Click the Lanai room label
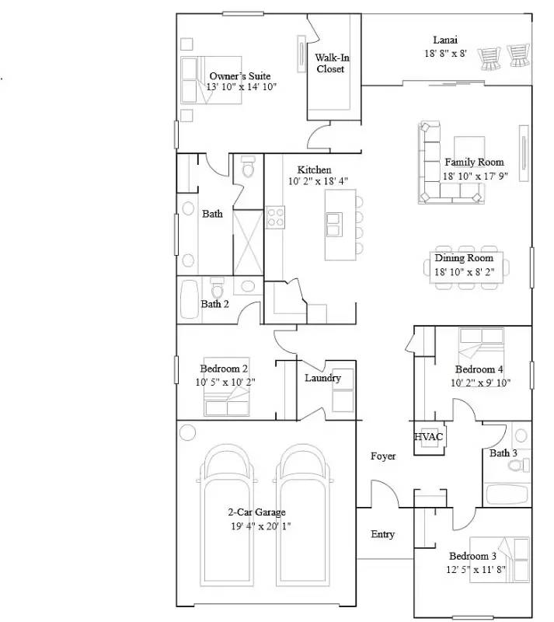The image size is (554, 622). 445,40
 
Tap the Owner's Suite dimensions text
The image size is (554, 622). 241,87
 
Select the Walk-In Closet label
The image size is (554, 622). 332,63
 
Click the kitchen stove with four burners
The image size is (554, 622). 275,217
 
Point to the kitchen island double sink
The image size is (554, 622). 334,225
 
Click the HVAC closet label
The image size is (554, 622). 428,437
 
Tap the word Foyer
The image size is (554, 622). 383,456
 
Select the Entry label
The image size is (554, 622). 382,534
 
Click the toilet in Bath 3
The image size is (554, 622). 519,464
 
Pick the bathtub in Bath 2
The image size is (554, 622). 190,299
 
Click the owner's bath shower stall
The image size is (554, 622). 248,243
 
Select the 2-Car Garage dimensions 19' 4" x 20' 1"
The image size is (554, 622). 261,526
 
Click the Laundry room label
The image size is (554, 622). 322,378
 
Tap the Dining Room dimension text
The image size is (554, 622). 465,272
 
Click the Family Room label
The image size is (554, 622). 474,162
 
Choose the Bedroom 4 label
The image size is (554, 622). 479,369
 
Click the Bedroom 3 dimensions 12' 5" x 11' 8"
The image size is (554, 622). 476,570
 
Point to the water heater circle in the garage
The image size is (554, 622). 187,432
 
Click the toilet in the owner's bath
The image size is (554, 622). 248,166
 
